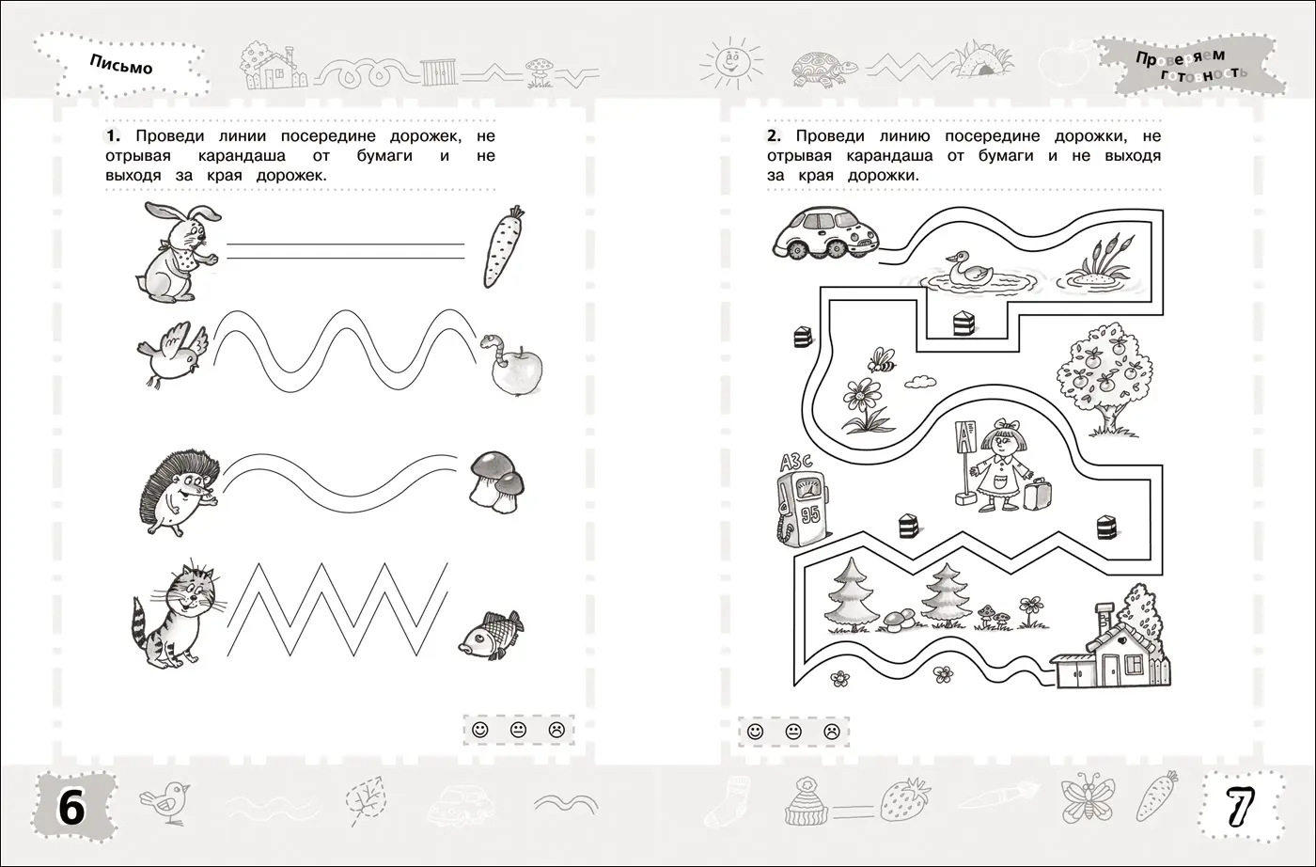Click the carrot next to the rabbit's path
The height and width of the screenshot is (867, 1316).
point(503,247)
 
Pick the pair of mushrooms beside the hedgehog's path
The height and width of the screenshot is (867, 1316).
point(497,482)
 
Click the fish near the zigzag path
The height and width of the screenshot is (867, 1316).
point(491,633)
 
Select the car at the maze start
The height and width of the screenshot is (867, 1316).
point(826,232)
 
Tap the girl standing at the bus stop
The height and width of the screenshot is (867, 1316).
point(1001,465)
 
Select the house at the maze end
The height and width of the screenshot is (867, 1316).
point(1110,647)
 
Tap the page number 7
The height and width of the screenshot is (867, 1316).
point(1240,808)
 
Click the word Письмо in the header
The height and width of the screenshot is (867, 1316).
point(121,64)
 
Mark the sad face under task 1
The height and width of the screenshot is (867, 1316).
point(556,730)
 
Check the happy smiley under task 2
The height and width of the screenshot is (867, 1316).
point(755,732)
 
